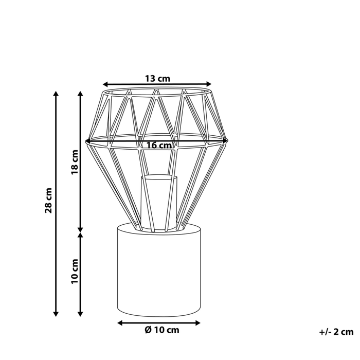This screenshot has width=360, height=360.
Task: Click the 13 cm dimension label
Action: click(x=157, y=79)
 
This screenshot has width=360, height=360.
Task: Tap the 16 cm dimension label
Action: click(x=158, y=145)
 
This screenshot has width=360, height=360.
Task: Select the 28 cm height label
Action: click(x=49, y=201)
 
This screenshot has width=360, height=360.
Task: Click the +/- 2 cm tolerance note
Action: click(x=337, y=332)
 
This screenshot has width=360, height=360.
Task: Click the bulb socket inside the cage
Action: click(x=159, y=201)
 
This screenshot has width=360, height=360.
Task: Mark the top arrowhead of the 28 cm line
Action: click(x=56, y=95)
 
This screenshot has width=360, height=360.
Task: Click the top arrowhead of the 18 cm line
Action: click(x=80, y=95)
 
